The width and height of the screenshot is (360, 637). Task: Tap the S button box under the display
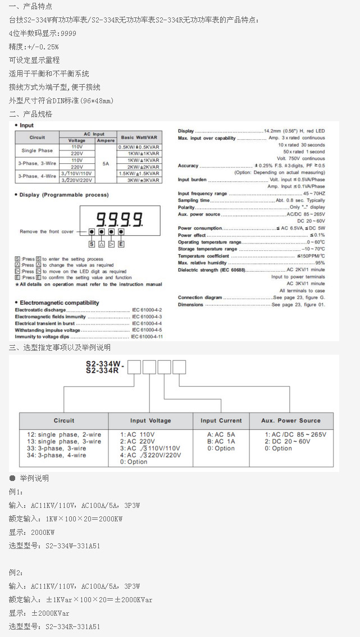click(92, 244)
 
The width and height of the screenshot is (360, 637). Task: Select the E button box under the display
click(121, 244)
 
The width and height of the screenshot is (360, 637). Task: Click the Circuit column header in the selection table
click(64, 420)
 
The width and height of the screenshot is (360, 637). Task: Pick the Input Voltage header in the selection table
click(151, 420)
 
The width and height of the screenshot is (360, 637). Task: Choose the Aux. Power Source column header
click(291, 420)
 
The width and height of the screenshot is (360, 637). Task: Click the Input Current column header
click(221, 420)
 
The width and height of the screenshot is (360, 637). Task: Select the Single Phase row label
click(37, 150)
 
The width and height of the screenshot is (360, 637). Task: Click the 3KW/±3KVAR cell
click(139, 180)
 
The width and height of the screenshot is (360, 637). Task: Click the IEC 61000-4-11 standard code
click(147, 337)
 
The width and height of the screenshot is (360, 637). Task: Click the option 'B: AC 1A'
click(221, 441)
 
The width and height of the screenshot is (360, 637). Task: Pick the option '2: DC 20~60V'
click(287, 441)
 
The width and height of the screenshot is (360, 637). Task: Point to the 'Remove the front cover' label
click(47, 231)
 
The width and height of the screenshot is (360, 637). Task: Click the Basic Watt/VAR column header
click(139, 138)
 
